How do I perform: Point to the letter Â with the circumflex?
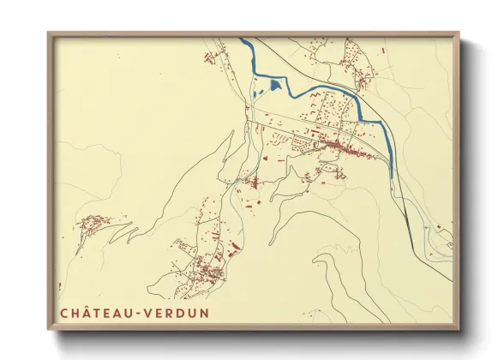click(89, 312)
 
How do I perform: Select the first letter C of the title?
click(64, 313)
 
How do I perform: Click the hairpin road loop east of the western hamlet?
click(120, 230)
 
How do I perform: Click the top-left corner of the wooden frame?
click(49, 33)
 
